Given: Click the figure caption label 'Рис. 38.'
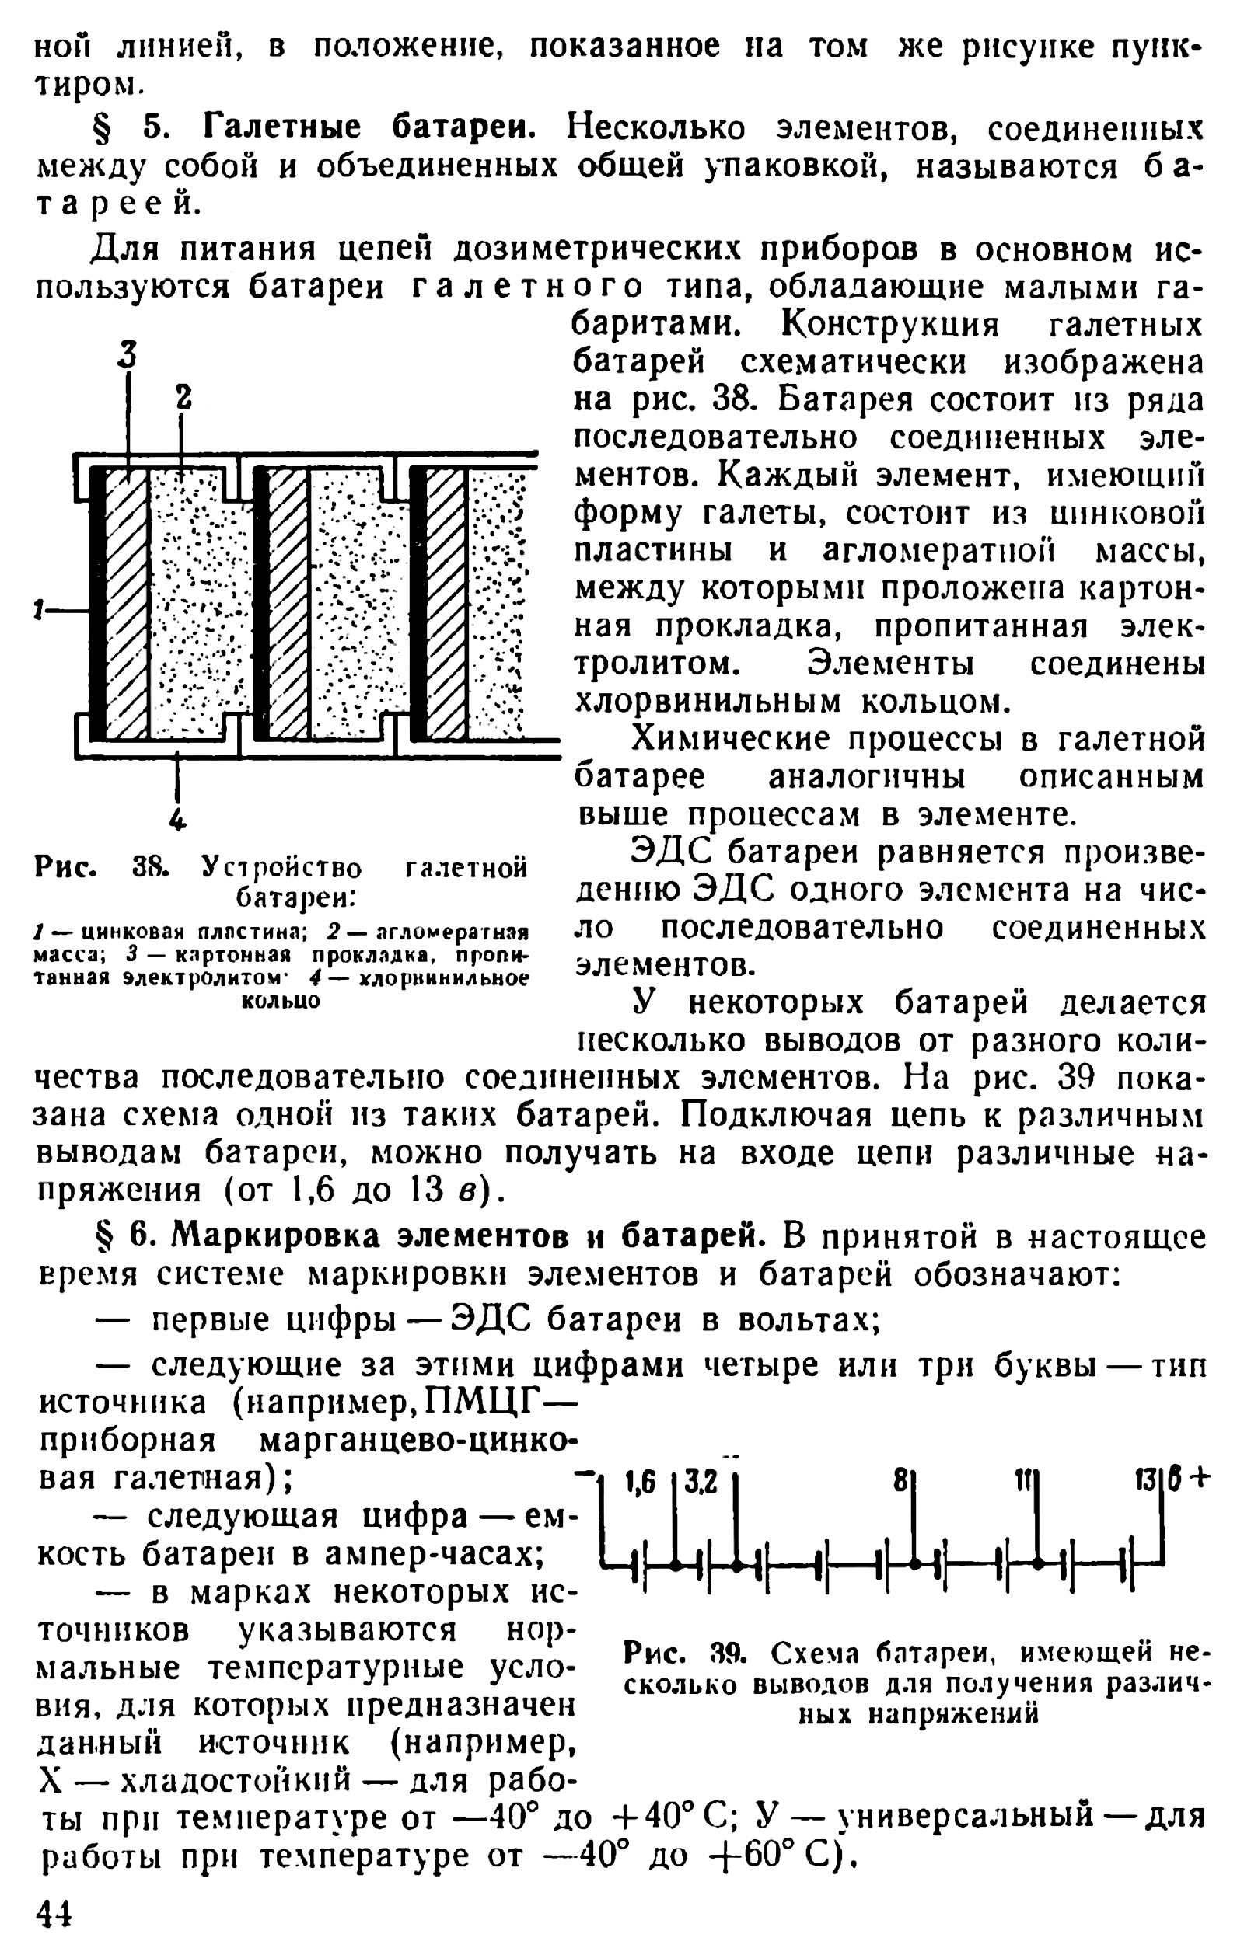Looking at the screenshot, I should pyautogui.click(x=100, y=869).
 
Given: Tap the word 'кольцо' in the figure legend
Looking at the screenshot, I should pyautogui.click(x=281, y=1002).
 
